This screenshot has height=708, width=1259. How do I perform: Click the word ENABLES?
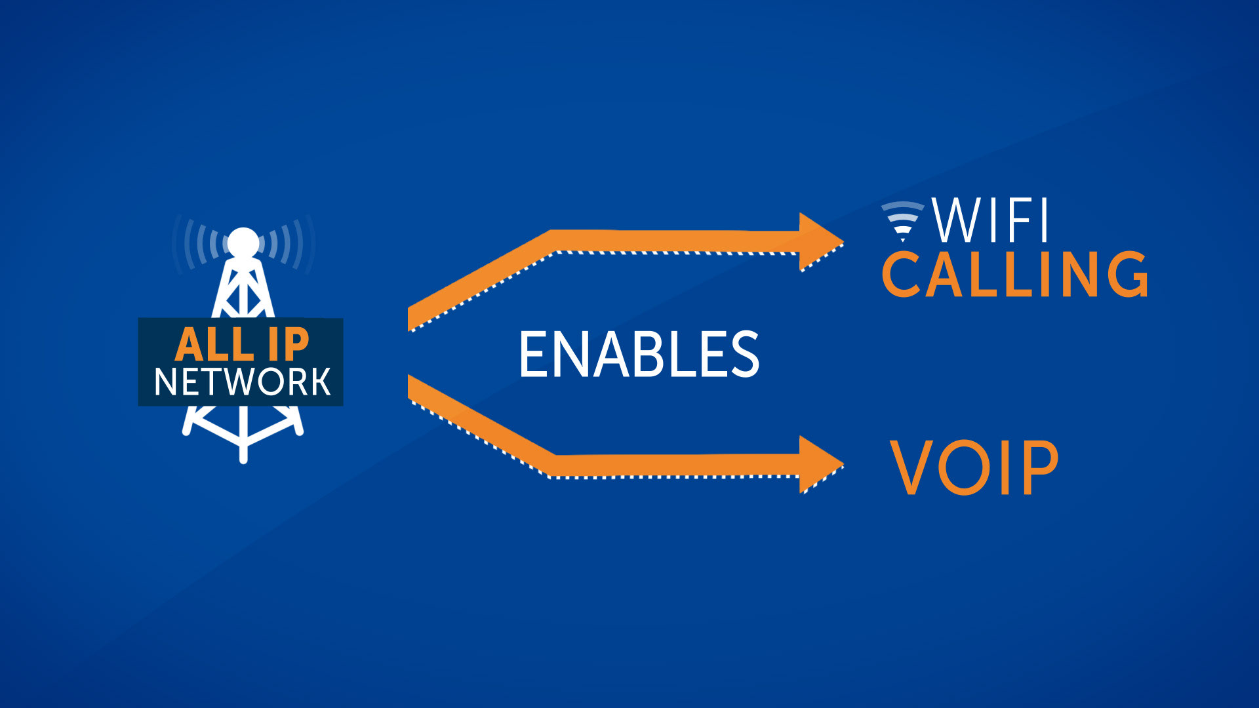point(639,354)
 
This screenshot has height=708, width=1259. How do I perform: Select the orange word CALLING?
point(1015,274)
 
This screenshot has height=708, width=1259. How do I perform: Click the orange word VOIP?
point(974,467)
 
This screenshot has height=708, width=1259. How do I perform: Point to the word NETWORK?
point(242,382)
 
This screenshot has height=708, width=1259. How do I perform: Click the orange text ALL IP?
point(241,344)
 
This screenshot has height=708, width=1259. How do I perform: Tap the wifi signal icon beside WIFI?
point(902,220)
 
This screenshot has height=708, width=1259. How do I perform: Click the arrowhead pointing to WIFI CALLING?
point(820,242)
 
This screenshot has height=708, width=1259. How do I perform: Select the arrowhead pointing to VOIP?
point(820,465)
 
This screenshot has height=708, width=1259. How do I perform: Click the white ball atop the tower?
point(243,243)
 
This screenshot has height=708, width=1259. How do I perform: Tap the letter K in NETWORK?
point(319,382)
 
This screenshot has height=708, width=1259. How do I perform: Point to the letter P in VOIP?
point(1041,467)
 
